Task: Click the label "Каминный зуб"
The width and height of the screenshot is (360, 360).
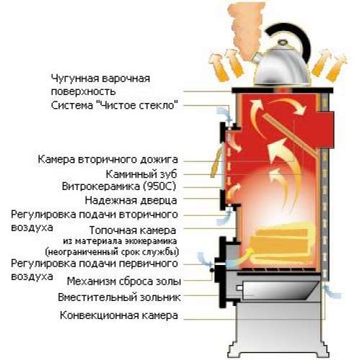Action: click(141, 174)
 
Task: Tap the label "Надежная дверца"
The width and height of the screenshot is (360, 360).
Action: click(131, 200)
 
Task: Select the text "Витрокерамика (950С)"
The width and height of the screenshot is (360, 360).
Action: click(119, 186)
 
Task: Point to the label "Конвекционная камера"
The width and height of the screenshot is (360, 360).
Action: click(119, 315)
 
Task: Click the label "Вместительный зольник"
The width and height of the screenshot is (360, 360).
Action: click(120, 297)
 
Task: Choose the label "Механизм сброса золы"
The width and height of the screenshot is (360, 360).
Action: click(124, 282)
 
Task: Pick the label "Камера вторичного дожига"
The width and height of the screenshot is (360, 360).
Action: click(108, 159)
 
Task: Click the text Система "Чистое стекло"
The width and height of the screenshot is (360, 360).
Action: click(114, 105)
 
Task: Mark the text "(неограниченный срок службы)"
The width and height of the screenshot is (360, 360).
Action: click(112, 252)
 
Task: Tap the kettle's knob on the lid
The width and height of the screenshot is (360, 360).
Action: click(282, 43)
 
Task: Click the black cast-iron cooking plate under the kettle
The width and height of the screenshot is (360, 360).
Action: click(282, 90)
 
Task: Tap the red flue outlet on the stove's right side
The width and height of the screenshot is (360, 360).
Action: click(325, 130)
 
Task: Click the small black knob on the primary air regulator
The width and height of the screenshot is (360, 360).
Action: click(212, 270)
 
